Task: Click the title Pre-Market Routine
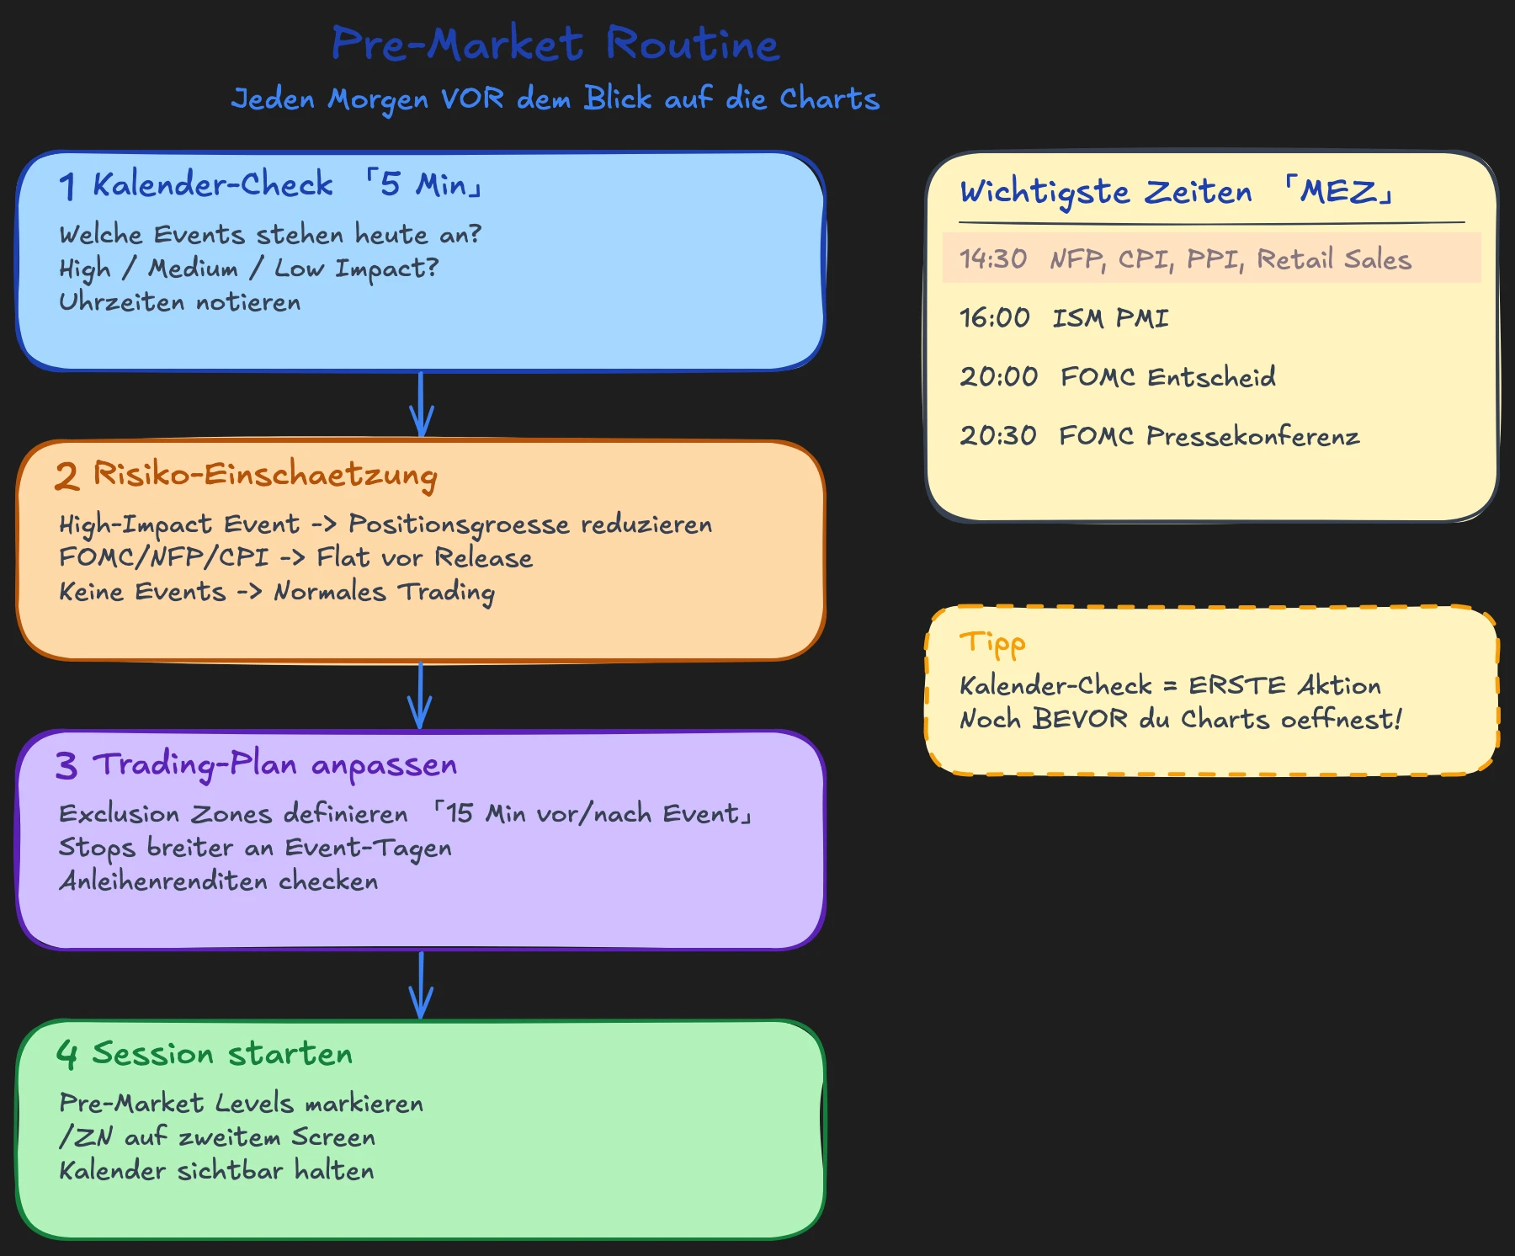click(555, 45)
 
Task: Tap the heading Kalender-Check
click(212, 184)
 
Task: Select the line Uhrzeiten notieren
click(179, 302)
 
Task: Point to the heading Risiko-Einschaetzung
click(264, 475)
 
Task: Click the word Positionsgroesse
click(459, 524)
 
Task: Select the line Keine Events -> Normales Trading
click(276, 592)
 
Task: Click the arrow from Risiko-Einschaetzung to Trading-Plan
click(420, 695)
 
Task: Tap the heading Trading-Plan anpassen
click(274, 764)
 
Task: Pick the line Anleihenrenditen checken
click(218, 881)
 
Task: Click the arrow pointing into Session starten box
click(421, 985)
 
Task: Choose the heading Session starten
click(222, 1054)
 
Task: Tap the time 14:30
click(993, 258)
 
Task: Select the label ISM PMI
click(1110, 318)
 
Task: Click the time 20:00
click(998, 376)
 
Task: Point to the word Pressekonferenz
click(1252, 436)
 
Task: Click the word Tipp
click(992, 644)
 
